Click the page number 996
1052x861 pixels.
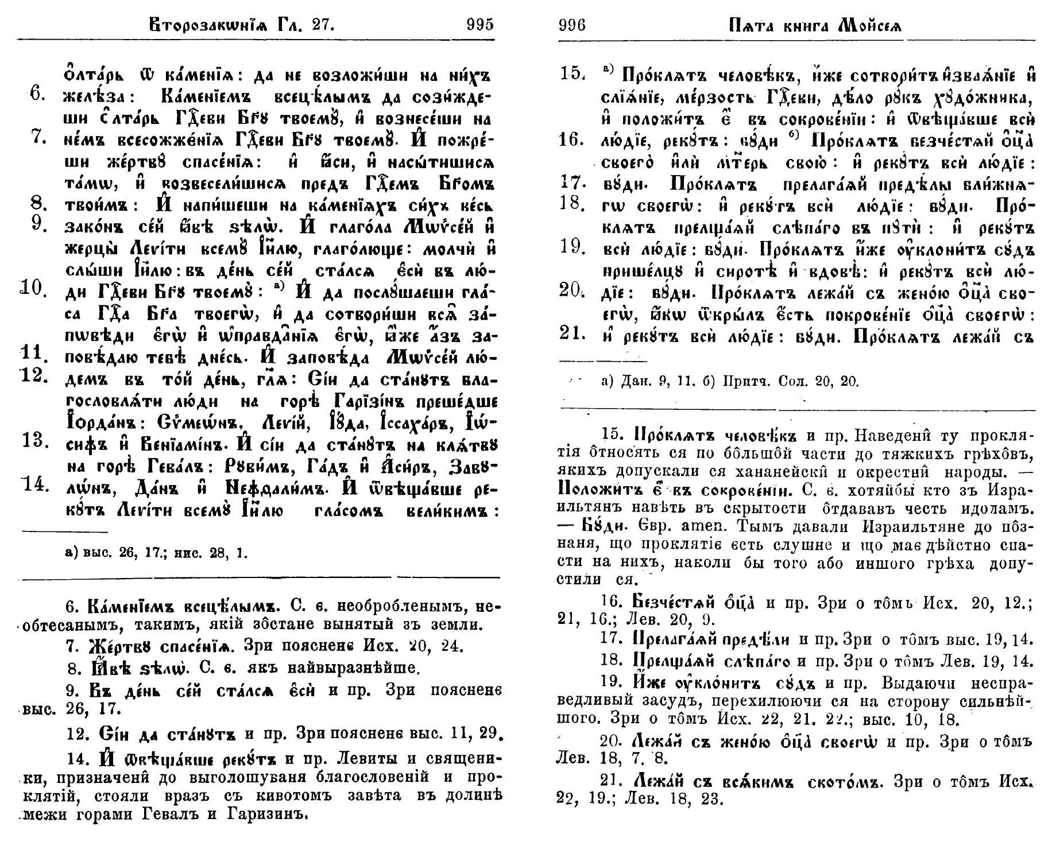coord(571,26)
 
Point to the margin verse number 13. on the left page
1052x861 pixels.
coord(34,441)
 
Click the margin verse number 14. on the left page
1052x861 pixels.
coord(34,484)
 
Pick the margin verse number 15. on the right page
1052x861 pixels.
coord(572,74)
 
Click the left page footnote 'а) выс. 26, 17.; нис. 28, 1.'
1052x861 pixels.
coord(157,553)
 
